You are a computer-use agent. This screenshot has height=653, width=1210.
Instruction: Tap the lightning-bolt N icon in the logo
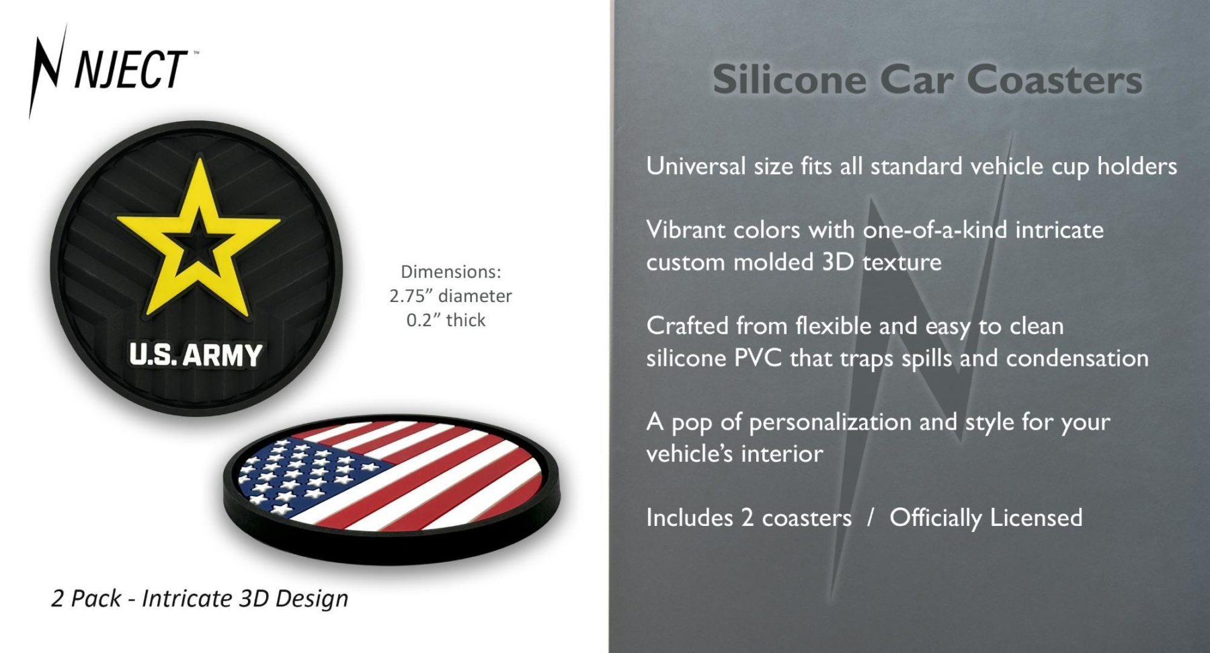[47, 71]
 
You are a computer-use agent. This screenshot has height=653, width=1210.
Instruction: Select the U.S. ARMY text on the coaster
[196, 355]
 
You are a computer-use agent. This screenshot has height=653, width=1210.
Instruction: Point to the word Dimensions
[451, 272]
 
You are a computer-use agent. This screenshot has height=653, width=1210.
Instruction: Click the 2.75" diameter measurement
[450, 296]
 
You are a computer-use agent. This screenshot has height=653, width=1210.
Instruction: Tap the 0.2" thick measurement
[446, 320]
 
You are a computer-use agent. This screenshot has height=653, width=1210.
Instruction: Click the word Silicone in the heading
[789, 80]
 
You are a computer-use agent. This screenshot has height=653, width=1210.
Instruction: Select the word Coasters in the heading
[1055, 80]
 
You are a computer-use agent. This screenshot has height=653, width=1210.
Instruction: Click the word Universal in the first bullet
[696, 166]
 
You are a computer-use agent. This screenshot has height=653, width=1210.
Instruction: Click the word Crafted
[687, 326]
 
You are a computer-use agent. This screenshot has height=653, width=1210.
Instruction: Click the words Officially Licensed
[986, 518]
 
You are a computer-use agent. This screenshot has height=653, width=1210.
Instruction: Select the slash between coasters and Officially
[871, 518]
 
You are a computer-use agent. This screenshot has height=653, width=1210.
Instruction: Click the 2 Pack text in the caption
[86, 599]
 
